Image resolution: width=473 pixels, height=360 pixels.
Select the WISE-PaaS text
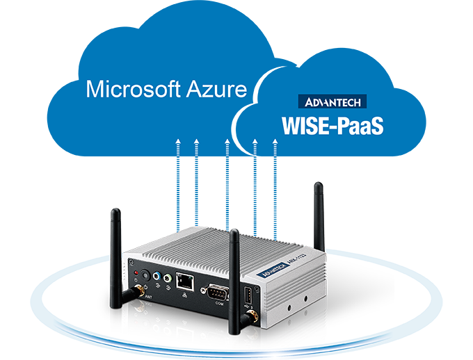pyautogui.click(x=332, y=126)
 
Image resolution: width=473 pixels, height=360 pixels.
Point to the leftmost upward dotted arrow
pyautogui.click(x=179, y=147)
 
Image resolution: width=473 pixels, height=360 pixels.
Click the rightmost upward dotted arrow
pyautogui.click(x=275, y=147)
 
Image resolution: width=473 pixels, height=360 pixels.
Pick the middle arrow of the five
pyautogui.click(x=227, y=147)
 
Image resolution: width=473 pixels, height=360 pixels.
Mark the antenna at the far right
pyautogui.click(x=318, y=208)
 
